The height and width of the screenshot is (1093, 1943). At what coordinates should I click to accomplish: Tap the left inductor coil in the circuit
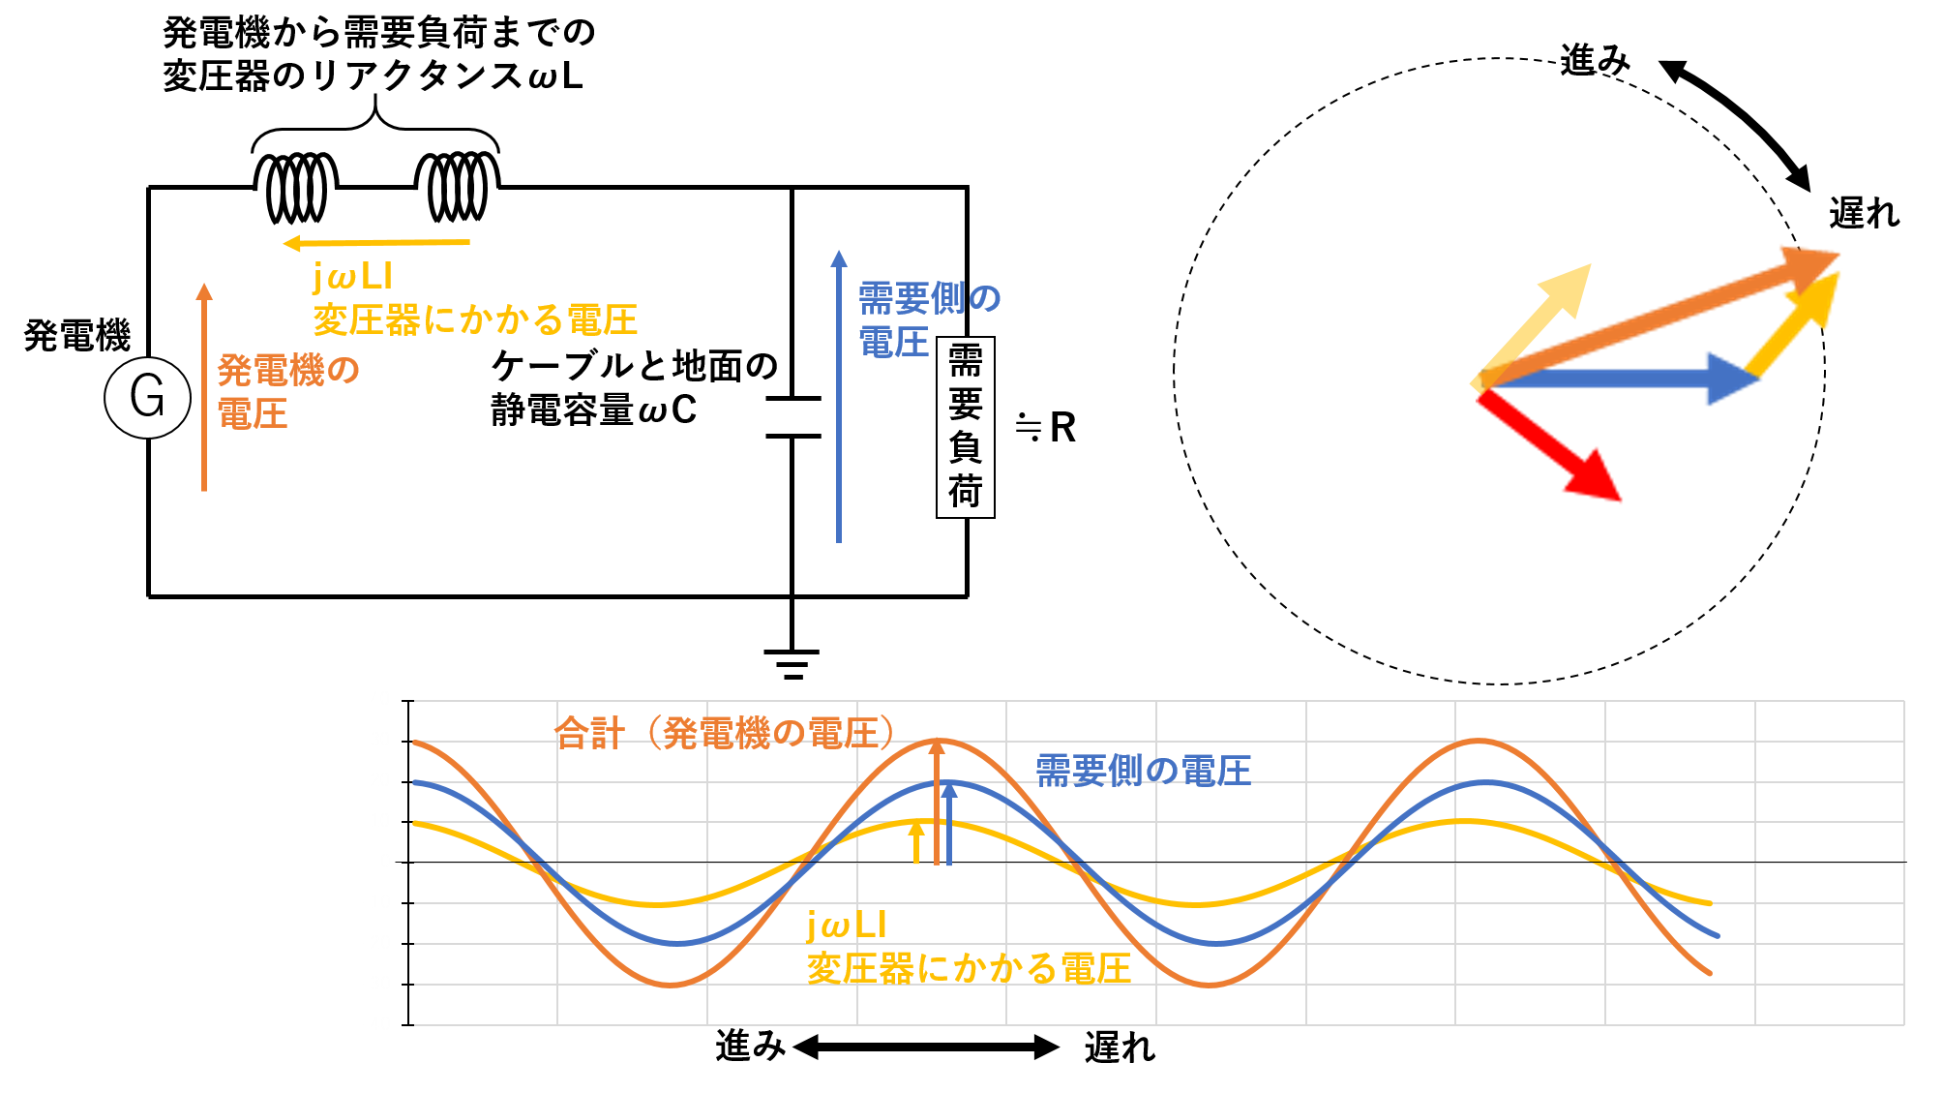click(x=296, y=187)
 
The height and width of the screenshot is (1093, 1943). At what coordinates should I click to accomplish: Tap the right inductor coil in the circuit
click(x=458, y=187)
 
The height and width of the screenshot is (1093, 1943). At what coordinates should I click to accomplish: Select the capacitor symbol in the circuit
click(x=792, y=417)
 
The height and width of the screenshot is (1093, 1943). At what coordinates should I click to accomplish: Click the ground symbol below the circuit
click(x=792, y=664)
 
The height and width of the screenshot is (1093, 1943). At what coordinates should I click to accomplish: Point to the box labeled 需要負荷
click(x=966, y=427)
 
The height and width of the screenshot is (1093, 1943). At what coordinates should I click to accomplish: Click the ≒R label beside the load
click(x=1046, y=427)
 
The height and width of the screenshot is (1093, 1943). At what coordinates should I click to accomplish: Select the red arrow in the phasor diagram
click(x=1548, y=444)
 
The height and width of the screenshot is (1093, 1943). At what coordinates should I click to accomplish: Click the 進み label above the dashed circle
click(x=1596, y=60)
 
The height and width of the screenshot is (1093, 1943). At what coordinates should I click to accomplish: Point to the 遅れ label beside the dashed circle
click(x=1865, y=213)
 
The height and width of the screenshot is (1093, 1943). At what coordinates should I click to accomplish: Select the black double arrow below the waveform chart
click(x=926, y=1047)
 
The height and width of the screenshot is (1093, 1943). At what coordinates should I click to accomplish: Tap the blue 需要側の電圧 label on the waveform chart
click(x=1144, y=772)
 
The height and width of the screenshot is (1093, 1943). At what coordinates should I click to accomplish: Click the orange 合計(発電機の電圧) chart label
click(x=725, y=734)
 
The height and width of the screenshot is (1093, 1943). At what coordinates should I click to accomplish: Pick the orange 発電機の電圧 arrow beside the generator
click(x=204, y=387)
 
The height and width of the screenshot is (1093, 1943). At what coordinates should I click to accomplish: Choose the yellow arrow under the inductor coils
click(x=376, y=243)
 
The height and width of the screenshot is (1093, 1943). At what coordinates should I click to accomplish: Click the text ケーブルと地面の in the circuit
click(x=636, y=366)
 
